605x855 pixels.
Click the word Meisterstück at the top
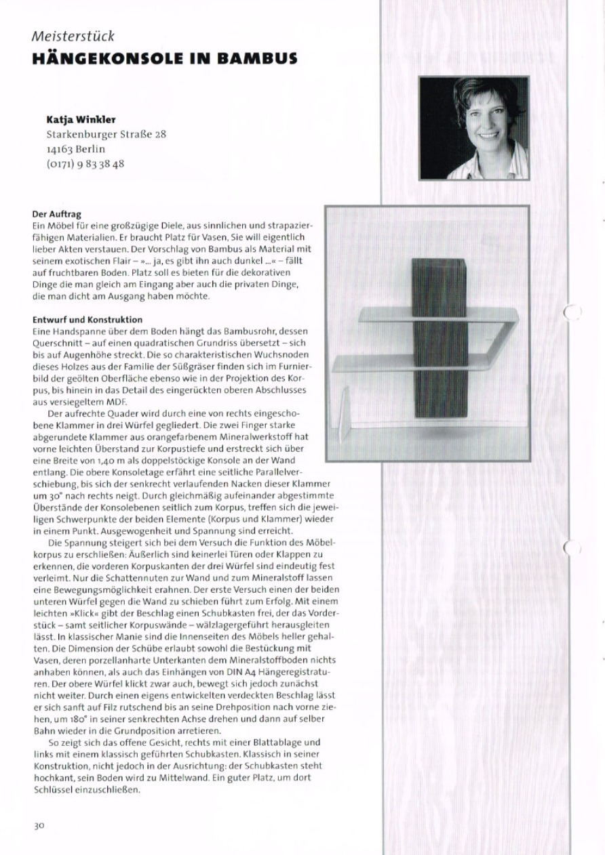(x=73, y=36)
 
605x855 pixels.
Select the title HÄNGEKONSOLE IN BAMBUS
(x=164, y=58)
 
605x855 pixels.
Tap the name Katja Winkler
(x=81, y=119)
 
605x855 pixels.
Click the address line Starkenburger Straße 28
(x=106, y=134)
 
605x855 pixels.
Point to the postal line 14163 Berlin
(x=76, y=149)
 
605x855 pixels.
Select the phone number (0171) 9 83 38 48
(x=85, y=164)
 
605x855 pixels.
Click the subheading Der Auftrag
(x=57, y=215)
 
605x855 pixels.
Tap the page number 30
(x=39, y=825)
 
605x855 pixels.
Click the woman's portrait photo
(x=473, y=127)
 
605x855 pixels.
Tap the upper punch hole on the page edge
(x=572, y=312)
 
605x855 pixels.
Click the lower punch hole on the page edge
(x=573, y=546)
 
